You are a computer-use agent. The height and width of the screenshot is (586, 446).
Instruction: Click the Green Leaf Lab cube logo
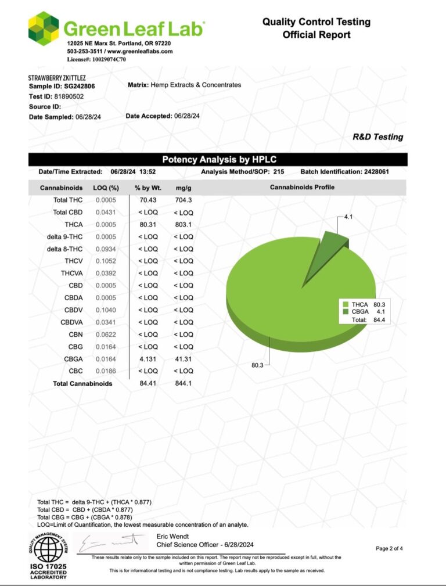[44, 29]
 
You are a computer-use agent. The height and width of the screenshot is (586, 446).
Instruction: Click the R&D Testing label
[377, 137]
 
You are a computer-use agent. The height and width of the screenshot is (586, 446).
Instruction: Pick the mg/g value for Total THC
[183, 200]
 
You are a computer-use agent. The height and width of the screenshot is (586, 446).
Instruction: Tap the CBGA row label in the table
[73, 359]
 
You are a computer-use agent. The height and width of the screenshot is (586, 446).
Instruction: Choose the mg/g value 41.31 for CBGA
[184, 359]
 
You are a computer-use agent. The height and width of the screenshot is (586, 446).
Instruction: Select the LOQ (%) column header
[106, 188]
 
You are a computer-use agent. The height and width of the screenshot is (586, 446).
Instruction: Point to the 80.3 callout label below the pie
[258, 365]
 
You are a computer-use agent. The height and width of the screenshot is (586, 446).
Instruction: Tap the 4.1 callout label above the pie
[348, 217]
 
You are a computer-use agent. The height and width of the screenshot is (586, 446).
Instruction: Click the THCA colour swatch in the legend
[346, 304]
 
